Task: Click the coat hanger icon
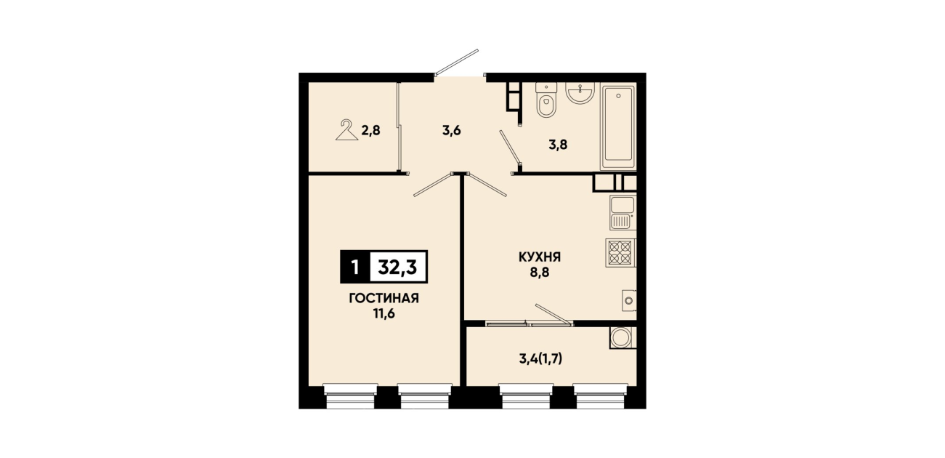click(x=346, y=130)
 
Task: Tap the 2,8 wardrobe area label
click(x=371, y=130)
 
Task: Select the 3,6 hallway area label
click(x=451, y=130)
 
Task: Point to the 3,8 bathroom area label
click(x=558, y=145)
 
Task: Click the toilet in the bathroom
click(x=546, y=100)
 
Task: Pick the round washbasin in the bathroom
click(x=580, y=93)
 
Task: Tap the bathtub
click(x=618, y=127)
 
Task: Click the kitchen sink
click(x=622, y=213)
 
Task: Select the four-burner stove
click(x=620, y=253)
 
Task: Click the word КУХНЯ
click(x=540, y=257)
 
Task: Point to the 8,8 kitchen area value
click(x=540, y=273)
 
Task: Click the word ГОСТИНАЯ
click(x=384, y=299)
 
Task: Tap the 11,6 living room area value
click(x=384, y=314)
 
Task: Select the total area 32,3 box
click(x=398, y=267)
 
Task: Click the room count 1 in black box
click(x=355, y=267)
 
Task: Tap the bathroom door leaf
click(x=510, y=146)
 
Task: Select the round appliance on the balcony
click(x=622, y=338)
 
